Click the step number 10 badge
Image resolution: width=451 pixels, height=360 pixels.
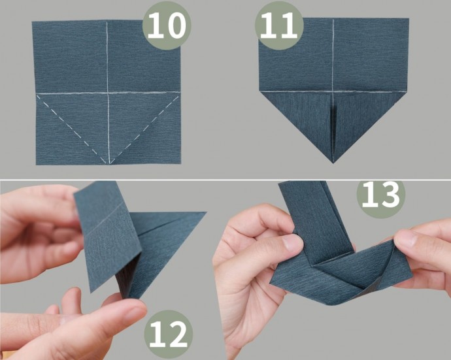click(167, 25)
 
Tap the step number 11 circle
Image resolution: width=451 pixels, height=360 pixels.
click(279, 25)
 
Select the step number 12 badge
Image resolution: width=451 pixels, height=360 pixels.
click(168, 335)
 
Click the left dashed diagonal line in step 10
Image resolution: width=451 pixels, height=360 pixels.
click(73, 129)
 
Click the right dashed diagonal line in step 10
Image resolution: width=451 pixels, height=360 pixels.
click(144, 129)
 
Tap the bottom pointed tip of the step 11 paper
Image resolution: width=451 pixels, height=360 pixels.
click(333, 163)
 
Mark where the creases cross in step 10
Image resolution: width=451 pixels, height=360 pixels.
click(108, 93)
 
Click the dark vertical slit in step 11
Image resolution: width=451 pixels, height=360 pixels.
click(333, 127)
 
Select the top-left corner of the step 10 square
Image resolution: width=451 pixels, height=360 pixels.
click(32, 22)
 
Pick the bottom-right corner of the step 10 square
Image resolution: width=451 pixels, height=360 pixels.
click(180, 164)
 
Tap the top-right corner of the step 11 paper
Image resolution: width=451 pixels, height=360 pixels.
click(409, 19)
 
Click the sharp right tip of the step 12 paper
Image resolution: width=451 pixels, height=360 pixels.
click(206, 212)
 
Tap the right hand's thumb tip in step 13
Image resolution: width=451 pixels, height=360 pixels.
click(401, 237)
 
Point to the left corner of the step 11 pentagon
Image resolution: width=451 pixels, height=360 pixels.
click(260, 91)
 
